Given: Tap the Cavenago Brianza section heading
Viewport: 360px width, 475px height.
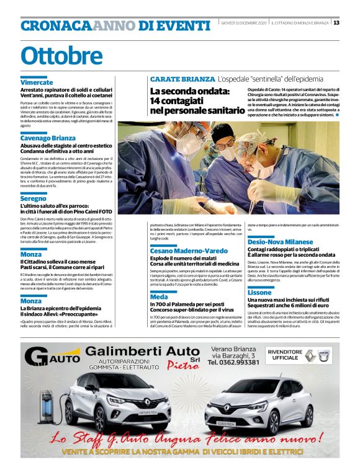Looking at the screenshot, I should [48, 137].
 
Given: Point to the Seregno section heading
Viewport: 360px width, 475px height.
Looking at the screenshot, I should [34, 198].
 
